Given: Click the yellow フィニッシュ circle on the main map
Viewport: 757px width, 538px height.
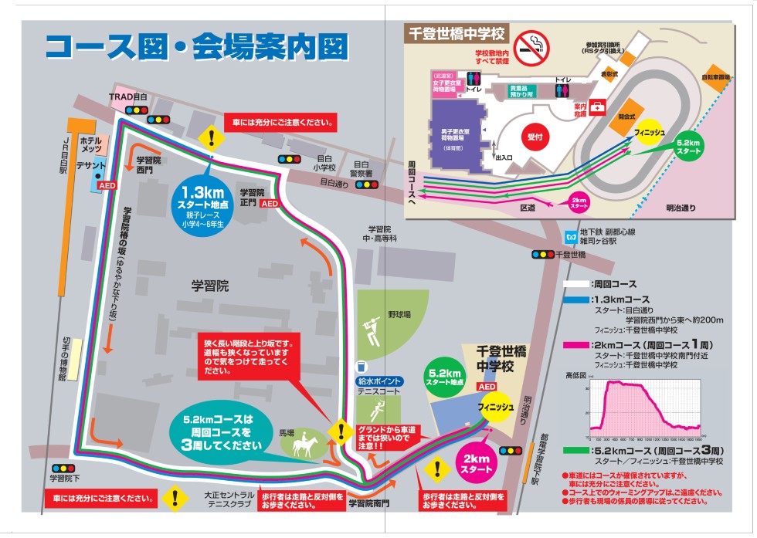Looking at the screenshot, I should pyautogui.click(x=495, y=407).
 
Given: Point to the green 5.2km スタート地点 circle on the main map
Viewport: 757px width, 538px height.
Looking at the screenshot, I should pyautogui.click(x=446, y=377).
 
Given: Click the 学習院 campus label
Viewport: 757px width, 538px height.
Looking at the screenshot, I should pyautogui.click(x=210, y=286).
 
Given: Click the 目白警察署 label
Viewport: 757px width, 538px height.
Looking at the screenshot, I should pyautogui.click(x=362, y=168).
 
